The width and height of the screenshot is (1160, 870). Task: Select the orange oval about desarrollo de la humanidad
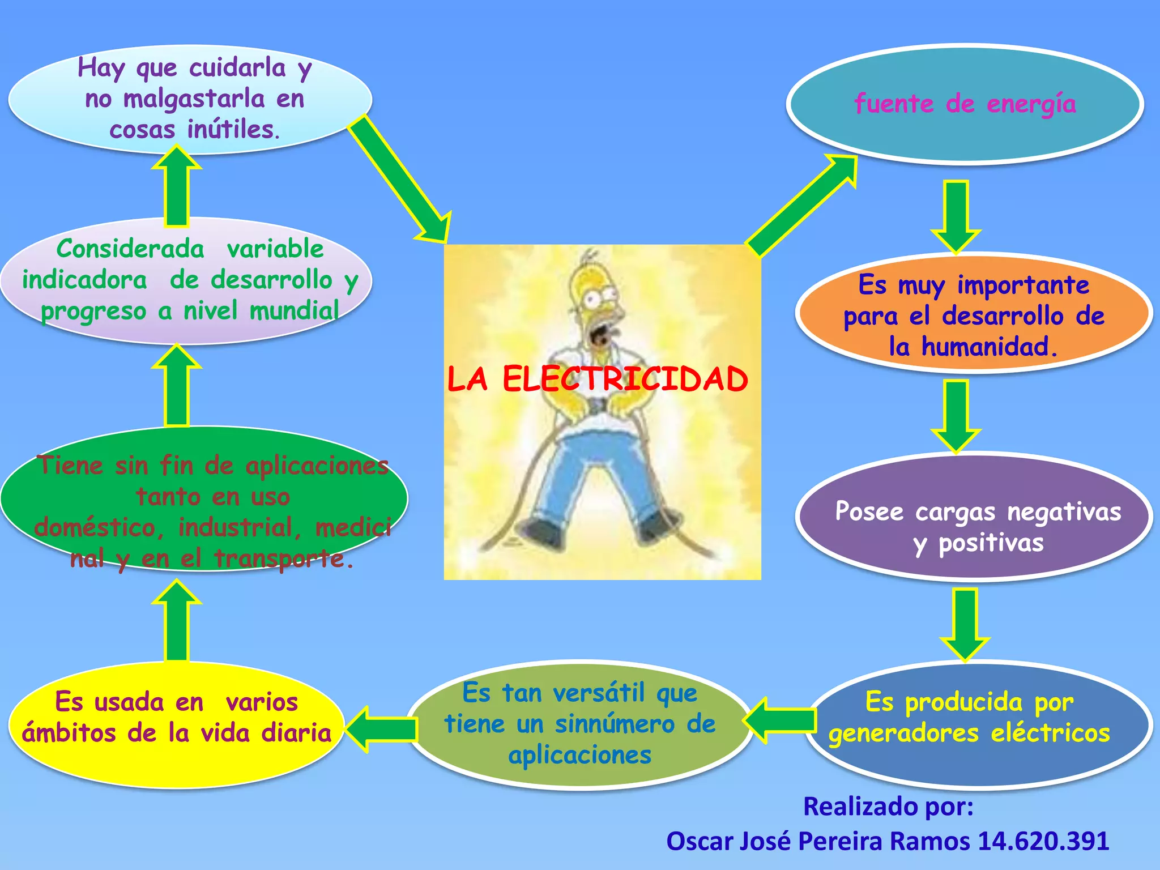[x=974, y=315]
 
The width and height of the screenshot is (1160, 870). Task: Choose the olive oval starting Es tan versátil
[x=579, y=724]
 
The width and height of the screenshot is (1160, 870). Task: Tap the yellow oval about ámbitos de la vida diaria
[x=177, y=725]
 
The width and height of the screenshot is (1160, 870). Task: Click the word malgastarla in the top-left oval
[x=194, y=99]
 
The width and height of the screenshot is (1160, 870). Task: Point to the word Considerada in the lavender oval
[x=130, y=249]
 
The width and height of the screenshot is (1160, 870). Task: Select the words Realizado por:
[x=888, y=807]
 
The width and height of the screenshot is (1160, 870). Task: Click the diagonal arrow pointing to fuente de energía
[x=801, y=207]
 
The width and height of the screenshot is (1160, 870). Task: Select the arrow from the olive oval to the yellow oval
[x=381, y=729]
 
